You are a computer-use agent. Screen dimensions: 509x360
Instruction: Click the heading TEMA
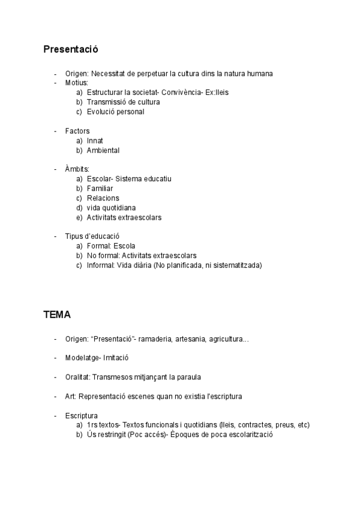point(57,314)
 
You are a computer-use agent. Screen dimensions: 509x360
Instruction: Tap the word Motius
point(76,83)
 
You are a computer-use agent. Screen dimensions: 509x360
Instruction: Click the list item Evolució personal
point(115,112)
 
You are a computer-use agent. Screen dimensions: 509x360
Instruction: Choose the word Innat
point(95,140)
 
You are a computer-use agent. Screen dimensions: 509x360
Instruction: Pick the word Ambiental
point(103,150)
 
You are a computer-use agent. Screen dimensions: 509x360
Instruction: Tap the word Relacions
point(103,198)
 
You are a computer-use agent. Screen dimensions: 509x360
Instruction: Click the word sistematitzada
point(236,265)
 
